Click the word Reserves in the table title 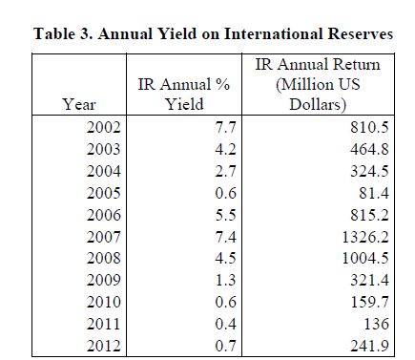(361, 33)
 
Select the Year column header (78, 104)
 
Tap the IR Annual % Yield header (184, 95)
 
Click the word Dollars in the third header (318, 104)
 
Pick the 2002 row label (104, 127)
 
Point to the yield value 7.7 (225, 127)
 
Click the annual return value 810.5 (369, 127)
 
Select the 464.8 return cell (369, 149)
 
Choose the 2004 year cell (104, 171)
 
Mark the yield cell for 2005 (225, 193)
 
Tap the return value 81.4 (374, 193)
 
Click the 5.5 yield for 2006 (225, 215)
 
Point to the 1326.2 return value (365, 237)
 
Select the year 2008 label (104, 258)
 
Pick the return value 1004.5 (365, 258)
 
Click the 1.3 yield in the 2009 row (225, 280)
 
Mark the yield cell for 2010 (225, 302)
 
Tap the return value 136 (377, 324)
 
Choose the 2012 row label (104, 346)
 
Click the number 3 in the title (86, 33)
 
